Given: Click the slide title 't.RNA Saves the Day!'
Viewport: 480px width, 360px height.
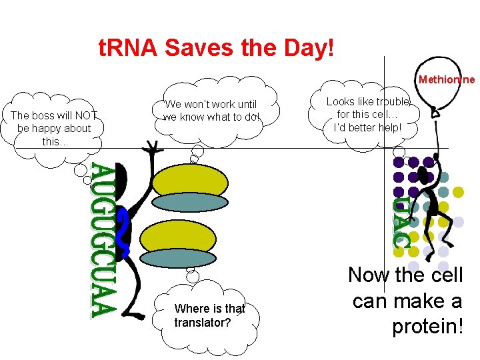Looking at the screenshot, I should (x=216, y=49).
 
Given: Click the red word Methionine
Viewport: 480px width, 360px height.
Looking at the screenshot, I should (x=447, y=80).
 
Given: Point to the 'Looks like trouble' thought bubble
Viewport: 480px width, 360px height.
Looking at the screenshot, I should (x=369, y=114).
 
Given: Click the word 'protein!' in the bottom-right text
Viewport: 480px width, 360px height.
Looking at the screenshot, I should (x=427, y=327).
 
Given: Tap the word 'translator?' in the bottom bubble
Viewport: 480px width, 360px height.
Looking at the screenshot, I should (x=203, y=323).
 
